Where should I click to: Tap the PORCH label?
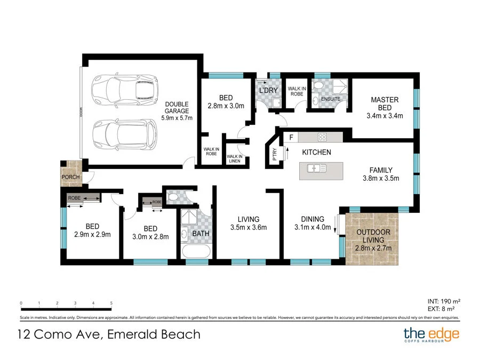[70, 177]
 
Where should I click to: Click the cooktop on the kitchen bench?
[323, 137]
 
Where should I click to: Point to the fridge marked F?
[291, 138]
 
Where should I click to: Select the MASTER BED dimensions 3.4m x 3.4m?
[385, 115]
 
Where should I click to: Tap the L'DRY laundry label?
[268, 91]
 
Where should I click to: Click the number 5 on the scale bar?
[111, 303]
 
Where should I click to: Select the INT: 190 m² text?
[443, 301]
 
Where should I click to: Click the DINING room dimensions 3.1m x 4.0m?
[313, 228]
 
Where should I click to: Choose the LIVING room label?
[249, 219]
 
